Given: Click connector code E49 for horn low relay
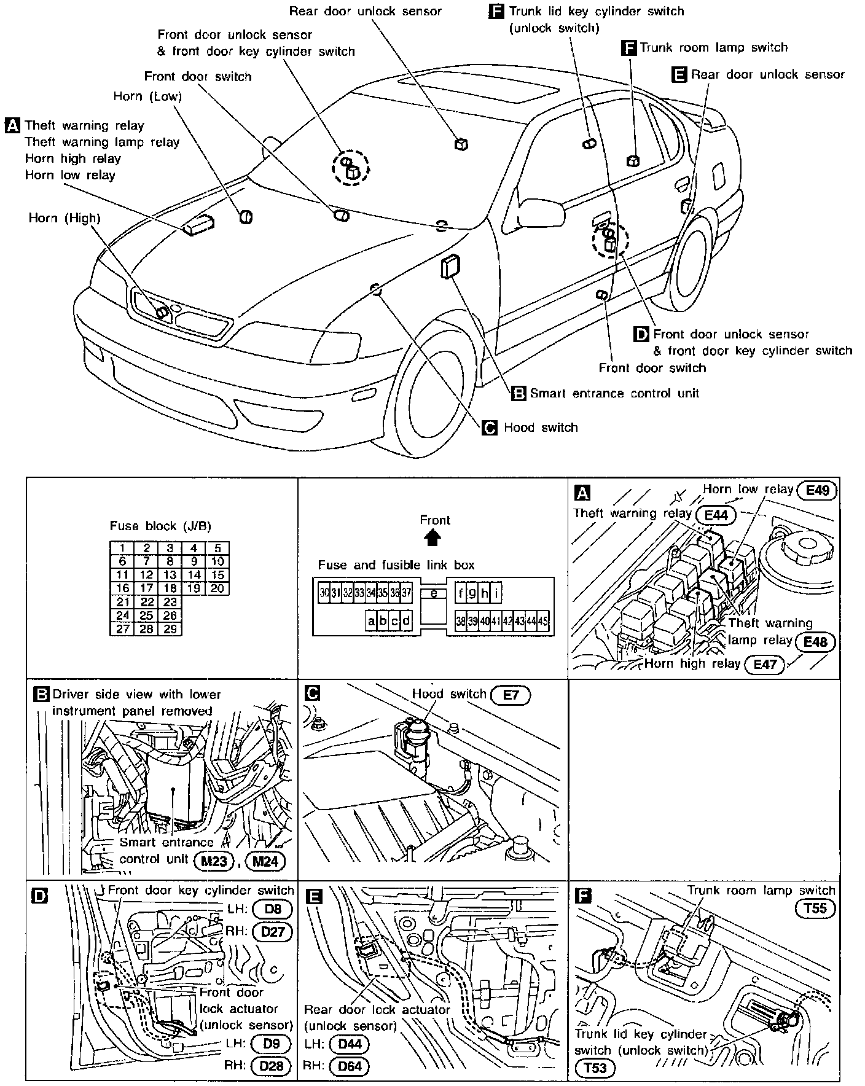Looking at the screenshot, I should (x=816, y=490).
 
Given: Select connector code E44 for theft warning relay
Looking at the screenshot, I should (x=716, y=514).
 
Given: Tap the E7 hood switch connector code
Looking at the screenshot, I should (x=511, y=695).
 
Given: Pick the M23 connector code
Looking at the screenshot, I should (x=213, y=861).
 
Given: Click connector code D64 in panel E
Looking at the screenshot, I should (x=350, y=1066).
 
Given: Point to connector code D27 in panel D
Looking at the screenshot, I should (x=272, y=931).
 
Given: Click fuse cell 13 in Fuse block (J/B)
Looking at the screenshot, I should (x=170, y=575).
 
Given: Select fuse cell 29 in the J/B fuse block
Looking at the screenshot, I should (x=170, y=629).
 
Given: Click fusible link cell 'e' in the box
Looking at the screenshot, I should (x=433, y=593).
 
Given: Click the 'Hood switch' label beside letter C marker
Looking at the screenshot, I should (x=541, y=428).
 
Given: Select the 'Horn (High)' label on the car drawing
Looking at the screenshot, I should (x=65, y=218).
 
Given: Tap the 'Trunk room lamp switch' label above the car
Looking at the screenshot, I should (x=713, y=47).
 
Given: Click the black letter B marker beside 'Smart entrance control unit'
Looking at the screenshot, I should (x=519, y=393).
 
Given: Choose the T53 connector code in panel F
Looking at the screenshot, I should (x=595, y=1068).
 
